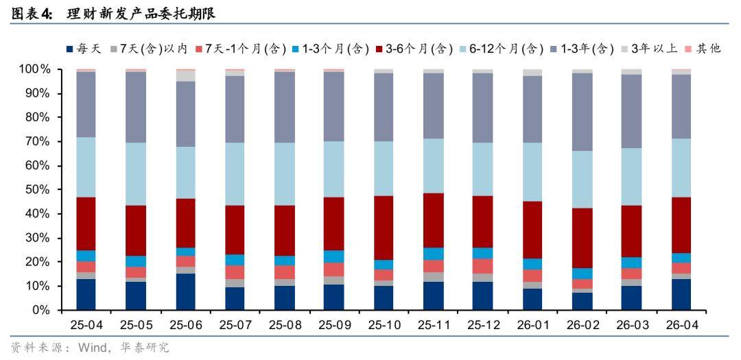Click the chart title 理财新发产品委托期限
point(141,14)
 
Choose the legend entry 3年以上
point(649,49)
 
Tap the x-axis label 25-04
point(86,325)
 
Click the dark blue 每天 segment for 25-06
point(186,292)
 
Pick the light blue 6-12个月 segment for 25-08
point(285,174)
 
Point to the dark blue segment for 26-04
point(681,295)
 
